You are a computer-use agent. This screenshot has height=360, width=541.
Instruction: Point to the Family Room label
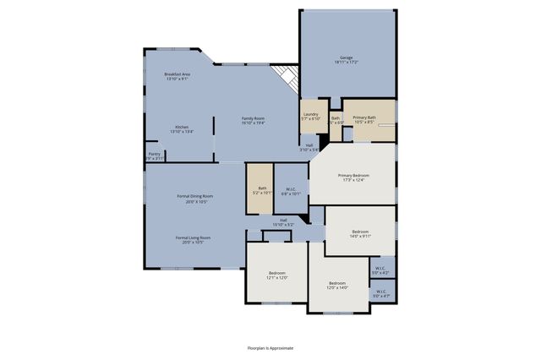254,120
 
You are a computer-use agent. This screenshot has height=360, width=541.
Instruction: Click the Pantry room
154,155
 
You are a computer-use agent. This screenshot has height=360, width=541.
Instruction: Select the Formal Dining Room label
194,199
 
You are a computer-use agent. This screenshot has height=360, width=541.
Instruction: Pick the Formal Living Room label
193,240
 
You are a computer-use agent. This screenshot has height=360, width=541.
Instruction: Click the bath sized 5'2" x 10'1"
262,190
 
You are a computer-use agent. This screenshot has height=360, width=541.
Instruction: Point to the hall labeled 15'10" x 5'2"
283,223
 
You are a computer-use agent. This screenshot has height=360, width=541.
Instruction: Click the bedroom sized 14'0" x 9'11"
360,232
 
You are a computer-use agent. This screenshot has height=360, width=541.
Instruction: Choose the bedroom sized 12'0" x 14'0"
336,285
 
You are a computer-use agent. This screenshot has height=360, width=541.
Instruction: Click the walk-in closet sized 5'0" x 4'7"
381,294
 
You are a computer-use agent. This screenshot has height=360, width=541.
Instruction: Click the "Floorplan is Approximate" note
270,347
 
